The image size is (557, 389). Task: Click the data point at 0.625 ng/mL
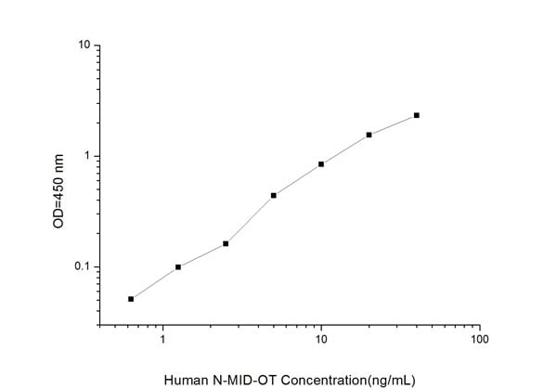131,299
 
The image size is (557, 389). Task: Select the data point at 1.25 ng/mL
178,267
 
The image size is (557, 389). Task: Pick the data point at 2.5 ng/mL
226,243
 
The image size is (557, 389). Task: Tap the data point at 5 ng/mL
274,195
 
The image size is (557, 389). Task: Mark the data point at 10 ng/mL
321,164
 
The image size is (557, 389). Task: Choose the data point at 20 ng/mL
369,135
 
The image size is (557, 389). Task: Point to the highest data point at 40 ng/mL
417,115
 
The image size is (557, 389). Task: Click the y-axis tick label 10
84,45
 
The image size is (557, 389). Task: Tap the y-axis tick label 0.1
82,267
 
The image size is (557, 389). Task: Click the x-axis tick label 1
163,341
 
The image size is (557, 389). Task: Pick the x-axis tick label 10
321,341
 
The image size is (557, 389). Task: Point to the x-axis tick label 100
479,341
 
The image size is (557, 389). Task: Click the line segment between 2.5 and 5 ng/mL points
250,219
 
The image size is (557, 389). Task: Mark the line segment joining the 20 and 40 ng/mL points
393,124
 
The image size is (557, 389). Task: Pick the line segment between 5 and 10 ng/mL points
297,180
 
